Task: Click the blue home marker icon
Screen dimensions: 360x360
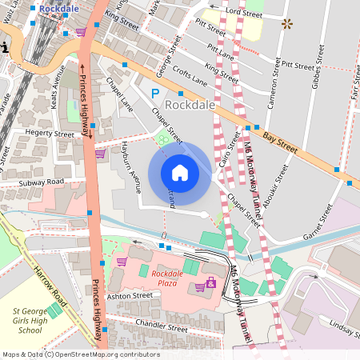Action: pos(180,173)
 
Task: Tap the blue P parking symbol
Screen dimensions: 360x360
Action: pos(155,94)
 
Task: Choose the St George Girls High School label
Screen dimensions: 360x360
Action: pos(38,319)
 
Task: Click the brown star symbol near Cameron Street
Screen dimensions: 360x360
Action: pos(286,24)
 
